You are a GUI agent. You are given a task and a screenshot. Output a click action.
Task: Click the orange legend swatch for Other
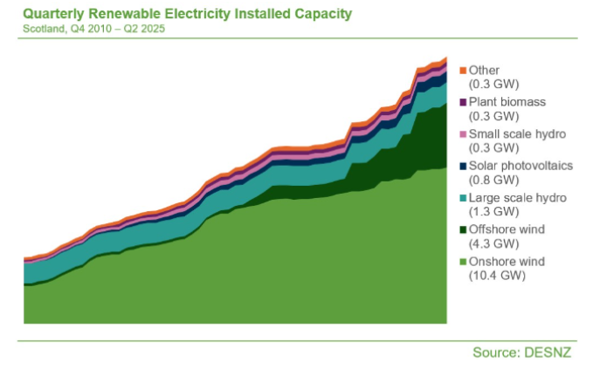point(463,70)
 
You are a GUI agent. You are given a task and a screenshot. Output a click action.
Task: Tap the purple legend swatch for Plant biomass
point(463,102)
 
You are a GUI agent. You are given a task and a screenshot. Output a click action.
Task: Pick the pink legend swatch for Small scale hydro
point(463,134)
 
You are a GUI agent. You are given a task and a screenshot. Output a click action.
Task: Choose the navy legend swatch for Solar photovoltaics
point(463,166)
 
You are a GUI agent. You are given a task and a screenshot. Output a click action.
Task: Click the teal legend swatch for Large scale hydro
point(463,198)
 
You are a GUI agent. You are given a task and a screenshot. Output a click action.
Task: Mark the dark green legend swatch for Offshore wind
point(463,229)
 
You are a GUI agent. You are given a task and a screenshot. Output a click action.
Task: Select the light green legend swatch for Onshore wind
point(463,262)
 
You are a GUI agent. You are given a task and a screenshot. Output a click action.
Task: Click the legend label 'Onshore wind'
point(507,262)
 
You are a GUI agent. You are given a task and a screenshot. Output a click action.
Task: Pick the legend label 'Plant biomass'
point(507,102)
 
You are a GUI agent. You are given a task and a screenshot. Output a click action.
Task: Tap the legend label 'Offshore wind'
point(507,229)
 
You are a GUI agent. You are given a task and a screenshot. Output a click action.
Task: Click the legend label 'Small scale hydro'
point(518,134)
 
